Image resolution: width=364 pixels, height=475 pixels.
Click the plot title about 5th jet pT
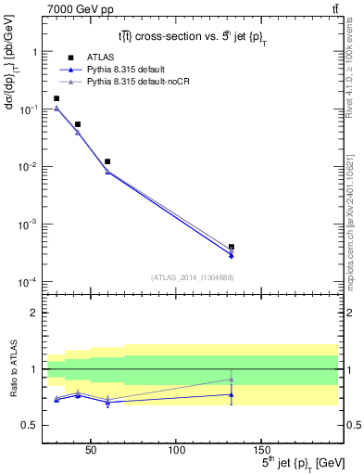[191, 36]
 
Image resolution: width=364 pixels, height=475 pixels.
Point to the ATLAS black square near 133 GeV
[231, 247]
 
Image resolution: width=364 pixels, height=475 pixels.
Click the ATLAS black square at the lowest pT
[56, 98]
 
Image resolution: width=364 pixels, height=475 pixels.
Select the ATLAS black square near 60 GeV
[107, 161]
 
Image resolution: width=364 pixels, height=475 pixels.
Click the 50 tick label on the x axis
[91, 450]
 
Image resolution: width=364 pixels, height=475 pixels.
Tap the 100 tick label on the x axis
[176, 450]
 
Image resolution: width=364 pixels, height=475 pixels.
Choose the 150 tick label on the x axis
[261, 450]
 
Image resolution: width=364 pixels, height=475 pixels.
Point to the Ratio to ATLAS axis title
[12, 368]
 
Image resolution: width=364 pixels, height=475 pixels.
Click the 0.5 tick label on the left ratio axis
[30, 426]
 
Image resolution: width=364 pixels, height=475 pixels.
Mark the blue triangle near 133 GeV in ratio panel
[231, 394]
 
